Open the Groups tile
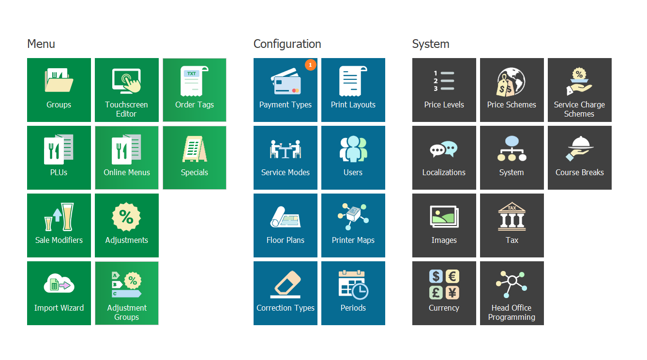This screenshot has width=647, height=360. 59,90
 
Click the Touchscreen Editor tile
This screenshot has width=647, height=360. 127,90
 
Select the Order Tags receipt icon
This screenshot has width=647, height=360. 194,81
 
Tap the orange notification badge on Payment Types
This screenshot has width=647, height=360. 311,64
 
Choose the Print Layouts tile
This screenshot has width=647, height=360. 353,90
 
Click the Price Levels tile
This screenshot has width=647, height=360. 444,90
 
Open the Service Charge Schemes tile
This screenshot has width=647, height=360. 580,90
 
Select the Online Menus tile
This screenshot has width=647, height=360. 127,158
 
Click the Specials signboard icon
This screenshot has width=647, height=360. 195,149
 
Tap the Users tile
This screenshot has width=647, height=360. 353,158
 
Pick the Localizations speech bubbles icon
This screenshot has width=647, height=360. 444,150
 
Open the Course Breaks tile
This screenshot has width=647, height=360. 580,158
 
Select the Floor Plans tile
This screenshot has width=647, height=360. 286,225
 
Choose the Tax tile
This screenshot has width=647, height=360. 512,225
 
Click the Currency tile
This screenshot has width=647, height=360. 444,293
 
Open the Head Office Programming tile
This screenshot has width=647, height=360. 512,293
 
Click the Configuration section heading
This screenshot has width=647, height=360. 287,44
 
